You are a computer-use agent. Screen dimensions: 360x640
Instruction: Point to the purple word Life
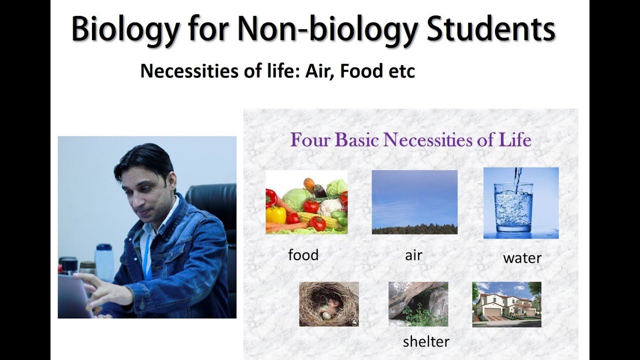pos(514,140)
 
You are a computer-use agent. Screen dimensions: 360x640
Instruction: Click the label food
pos(303,255)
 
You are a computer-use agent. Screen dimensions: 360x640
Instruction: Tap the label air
pos(413,255)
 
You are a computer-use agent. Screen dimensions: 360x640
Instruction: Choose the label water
pos(522,258)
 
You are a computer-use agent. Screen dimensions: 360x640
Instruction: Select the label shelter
pos(426,341)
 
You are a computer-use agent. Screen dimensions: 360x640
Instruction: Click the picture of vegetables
pos(306,202)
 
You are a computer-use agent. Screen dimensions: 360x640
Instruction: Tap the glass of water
pos(513,206)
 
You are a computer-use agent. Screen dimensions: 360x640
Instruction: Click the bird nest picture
pos(328,304)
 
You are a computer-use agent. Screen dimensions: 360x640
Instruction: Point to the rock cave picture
pos(418,304)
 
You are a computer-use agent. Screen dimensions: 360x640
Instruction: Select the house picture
pos(506,304)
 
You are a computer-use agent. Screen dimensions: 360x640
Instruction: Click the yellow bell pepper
pos(275,215)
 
